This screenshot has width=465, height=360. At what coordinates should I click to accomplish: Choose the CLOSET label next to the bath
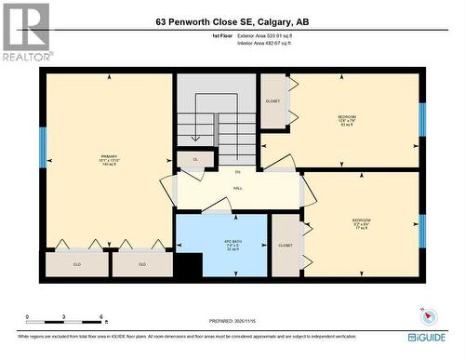pyautogui.click(x=286, y=246)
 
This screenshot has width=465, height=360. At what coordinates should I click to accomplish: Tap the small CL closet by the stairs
pyautogui.click(x=195, y=159)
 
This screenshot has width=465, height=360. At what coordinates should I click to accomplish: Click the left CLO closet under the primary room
pyautogui.click(x=77, y=264)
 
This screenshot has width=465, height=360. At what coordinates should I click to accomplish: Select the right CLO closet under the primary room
pyautogui.click(x=142, y=264)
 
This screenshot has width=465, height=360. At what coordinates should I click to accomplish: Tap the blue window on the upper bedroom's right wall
pyautogui.click(x=421, y=118)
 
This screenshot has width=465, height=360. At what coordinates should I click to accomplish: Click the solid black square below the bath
pyautogui.click(x=189, y=265)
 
